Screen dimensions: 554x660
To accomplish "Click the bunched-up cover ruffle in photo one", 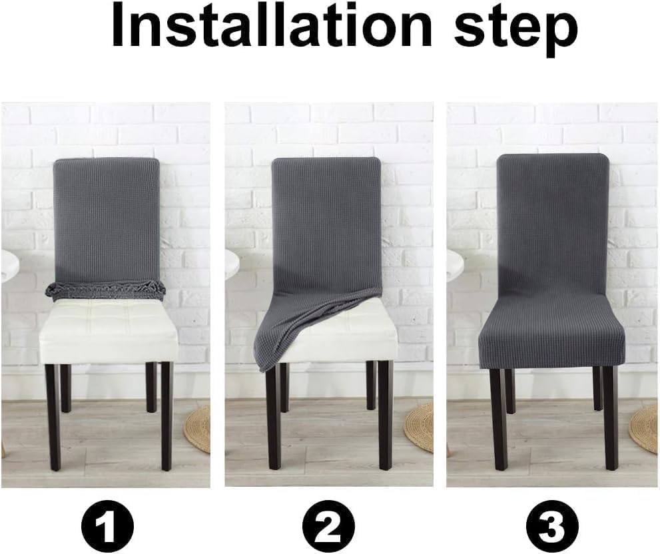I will pyautogui.click(x=105, y=289).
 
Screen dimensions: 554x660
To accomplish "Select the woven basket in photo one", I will pyautogui.click(x=198, y=429).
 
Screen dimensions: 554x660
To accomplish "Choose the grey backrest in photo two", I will pyautogui.click(x=326, y=220).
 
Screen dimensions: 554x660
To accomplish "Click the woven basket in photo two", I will pyautogui.click(x=420, y=426).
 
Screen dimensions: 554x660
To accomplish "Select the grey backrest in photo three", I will pyautogui.click(x=553, y=226).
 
